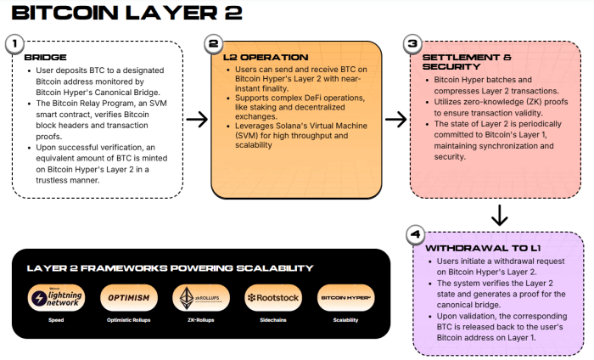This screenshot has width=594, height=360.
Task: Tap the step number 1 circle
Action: click(x=14, y=43)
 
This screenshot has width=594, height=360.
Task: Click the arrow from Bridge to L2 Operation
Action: click(x=197, y=120)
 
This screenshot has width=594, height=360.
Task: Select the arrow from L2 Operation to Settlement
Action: click(x=395, y=120)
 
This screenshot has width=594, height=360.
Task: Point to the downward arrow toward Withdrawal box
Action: click(x=499, y=213)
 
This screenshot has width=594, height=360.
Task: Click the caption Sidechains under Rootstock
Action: click(x=271, y=320)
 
